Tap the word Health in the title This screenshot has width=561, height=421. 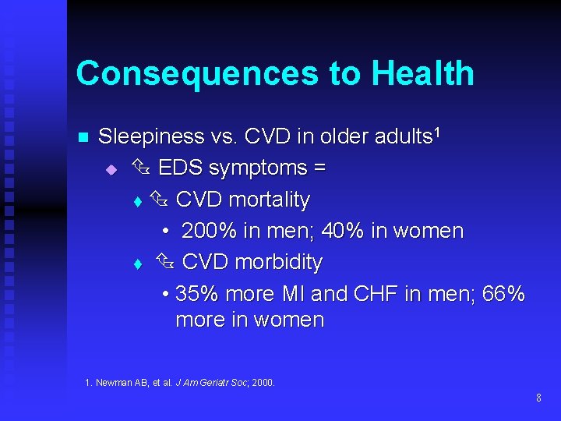422,73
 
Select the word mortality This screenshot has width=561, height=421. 271,200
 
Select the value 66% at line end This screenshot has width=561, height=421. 503,295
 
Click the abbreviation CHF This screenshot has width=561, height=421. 376,295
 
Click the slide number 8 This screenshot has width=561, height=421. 538,398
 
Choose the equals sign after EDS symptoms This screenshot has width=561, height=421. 319,168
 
